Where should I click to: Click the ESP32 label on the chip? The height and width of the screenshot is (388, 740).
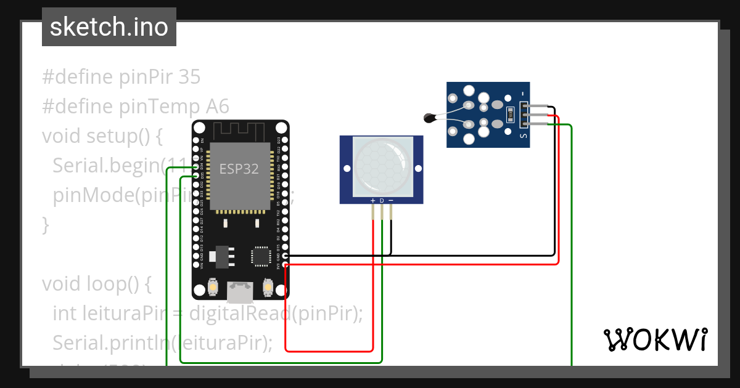tap(239, 168)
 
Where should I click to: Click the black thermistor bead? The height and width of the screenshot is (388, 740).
tap(430, 118)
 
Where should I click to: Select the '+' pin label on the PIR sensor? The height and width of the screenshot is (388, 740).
tap(372, 201)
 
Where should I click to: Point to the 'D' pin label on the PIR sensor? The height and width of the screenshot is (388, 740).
tap(382, 201)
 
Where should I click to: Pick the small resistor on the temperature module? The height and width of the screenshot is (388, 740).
tap(511, 115)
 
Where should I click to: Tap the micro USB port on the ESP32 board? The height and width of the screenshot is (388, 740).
tap(240, 292)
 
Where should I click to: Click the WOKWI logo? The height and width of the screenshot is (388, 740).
tap(655, 340)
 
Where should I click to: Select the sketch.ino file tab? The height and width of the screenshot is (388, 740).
tap(109, 27)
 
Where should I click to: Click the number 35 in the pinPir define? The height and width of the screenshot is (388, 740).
tap(189, 77)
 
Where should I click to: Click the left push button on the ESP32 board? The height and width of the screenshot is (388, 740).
tap(212, 287)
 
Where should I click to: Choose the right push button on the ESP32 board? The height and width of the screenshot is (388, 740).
tap(268, 287)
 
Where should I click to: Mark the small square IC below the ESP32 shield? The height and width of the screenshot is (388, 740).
tap(260, 257)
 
